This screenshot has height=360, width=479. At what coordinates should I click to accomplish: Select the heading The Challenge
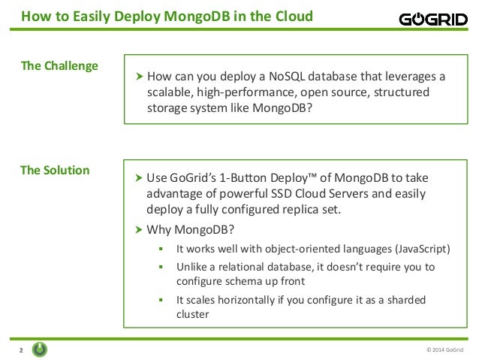point(59,65)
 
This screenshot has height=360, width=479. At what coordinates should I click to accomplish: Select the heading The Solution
point(55,170)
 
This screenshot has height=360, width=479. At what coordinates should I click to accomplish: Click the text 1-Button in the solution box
point(227,178)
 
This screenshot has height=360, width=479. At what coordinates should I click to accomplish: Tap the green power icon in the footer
point(41,349)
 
